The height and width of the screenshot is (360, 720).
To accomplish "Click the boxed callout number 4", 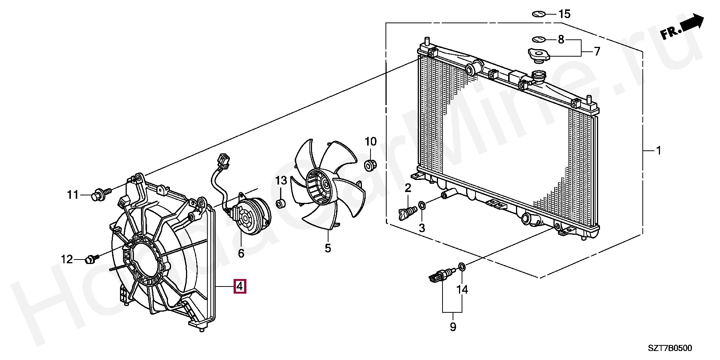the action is [x=240, y=286].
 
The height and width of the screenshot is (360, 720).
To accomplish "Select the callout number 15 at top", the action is [x=564, y=14].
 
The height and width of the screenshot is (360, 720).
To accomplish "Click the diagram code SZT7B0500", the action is [x=670, y=348].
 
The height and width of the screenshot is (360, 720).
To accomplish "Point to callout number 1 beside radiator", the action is [x=658, y=151].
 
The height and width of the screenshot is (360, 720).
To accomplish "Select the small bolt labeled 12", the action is [x=92, y=259].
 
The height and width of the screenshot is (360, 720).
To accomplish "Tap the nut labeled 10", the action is [x=370, y=165].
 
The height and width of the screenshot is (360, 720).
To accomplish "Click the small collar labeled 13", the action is [x=280, y=204].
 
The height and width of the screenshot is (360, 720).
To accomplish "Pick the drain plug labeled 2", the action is [x=407, y=214].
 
